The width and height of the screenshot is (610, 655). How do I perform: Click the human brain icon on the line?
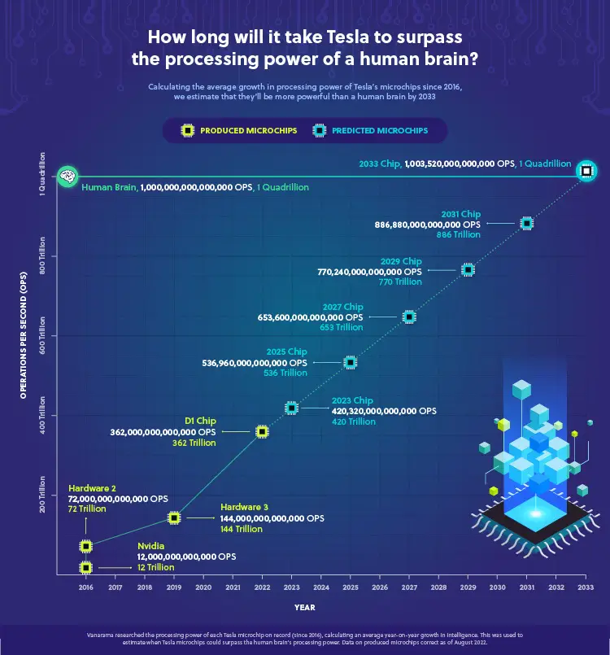pyautogui.click(x=67, y=175)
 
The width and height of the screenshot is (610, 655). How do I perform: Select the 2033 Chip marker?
pyautogui.click(x=585, y=171)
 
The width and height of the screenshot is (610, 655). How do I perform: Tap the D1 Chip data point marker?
pyautogui.click(x=262, y=431)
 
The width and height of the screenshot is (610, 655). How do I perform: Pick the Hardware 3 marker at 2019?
pyautogui.click(x=173, y=517)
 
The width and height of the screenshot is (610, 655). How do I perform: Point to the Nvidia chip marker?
pyautogui.click(x=85, y=566)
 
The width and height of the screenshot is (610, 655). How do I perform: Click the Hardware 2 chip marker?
pyautogui.click(x=85, y=546)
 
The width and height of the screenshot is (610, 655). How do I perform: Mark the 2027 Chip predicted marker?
pyautogui.click(x=408, y=317)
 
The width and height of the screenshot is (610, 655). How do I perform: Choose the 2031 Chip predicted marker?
pyautogui.click(x=526, y=223)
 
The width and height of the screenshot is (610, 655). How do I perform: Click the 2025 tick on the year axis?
pyautogui.click(x=350, y=587)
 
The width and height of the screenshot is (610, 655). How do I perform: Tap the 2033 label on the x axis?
pyautogui.click(x=585, y=587)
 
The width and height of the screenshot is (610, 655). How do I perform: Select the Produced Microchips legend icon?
pyautogui.click(x=187, y=130)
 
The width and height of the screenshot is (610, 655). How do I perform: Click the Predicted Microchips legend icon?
pyautogui.click(x=318, y=130)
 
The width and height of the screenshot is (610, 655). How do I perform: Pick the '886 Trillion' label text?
pyautogui.click(x=459, y=234)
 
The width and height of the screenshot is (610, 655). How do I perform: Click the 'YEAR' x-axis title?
pyautogui.click(x=305, y=607)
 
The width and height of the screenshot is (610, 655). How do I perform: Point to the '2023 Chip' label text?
pyautogui.click(x=353, y=400)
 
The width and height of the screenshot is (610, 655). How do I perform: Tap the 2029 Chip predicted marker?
pyautogui.click(x=468, y=269)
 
